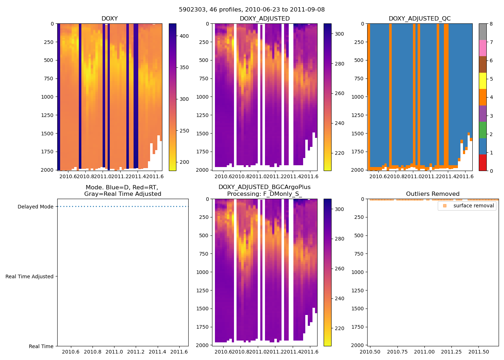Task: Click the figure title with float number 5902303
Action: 252,10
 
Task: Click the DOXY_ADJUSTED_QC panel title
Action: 419,18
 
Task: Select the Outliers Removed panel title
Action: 432,194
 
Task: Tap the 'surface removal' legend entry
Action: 473,206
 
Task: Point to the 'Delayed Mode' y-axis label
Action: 35,207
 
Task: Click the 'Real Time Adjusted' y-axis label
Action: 29,276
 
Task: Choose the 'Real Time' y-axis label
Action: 41,346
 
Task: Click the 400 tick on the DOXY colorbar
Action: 184,36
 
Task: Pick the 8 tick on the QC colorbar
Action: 491,24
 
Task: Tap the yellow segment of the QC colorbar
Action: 482,81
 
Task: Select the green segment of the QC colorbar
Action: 482,130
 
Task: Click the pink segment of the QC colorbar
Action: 482,48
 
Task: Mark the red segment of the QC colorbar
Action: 482,163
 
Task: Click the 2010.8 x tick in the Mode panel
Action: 93,352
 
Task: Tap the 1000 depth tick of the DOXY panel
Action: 47,97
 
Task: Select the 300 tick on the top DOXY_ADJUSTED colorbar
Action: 339,34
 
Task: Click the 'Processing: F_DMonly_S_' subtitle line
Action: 264,194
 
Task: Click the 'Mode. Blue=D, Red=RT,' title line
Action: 122,188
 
